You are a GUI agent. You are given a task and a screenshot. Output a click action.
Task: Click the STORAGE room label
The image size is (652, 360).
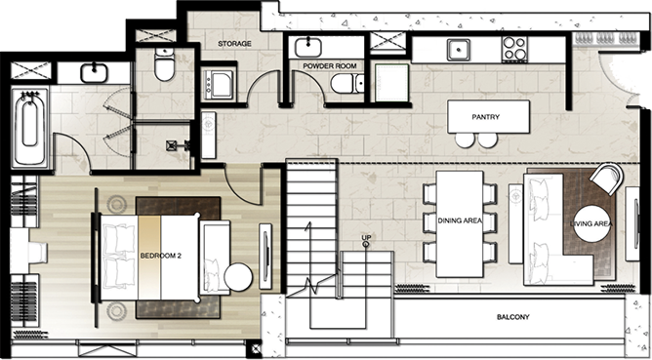point(234,43)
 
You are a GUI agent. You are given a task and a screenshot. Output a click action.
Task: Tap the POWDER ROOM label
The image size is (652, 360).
point(329,66)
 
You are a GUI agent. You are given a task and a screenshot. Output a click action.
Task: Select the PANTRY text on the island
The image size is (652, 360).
point(486,117)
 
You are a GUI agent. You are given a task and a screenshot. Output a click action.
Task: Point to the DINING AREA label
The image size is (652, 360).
point(460,220)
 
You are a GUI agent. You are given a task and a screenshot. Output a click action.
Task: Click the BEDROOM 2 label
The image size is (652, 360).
point(160,256)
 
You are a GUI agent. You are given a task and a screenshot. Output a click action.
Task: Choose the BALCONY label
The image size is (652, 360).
point(513,317)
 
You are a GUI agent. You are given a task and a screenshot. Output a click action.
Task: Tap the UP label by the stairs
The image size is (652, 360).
point(366,237)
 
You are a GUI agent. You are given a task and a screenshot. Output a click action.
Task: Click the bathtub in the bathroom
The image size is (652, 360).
point(29,127)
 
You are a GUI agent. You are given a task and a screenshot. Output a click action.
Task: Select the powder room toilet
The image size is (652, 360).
point(347,84)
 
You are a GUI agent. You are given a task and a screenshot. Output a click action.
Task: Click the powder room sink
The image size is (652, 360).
point(308,48)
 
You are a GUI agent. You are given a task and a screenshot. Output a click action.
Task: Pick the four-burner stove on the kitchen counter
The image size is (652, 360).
point(514,49)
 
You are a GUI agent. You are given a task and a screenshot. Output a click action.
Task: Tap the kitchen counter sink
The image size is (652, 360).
point(459,50)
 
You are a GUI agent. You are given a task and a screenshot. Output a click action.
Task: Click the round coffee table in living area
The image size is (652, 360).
point(591,224)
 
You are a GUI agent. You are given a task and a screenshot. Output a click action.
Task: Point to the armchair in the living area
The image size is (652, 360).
point(606,178)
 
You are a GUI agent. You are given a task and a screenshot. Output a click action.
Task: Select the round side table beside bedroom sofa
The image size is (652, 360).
point(238,277)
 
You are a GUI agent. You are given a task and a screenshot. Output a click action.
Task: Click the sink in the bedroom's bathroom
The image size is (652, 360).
point(94,73)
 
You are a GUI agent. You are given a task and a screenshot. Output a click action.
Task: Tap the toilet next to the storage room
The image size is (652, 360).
point(164,64)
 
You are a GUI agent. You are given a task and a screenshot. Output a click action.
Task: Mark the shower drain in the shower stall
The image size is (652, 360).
point(172,145)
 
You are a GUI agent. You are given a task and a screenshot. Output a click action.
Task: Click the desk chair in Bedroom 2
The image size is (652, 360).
point(37,253)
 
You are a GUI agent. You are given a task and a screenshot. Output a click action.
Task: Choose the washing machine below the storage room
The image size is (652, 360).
point(219,85)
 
